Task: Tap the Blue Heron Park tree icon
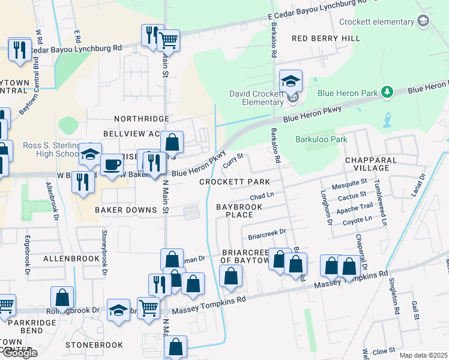(x=388, y=92)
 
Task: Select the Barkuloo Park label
(x=321, y=139)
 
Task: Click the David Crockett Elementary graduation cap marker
(x=291, y=82)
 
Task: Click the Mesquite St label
(x=351, y=182)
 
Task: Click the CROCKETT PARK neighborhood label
(x=235, y=181)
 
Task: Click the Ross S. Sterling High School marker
(x=90, y=155)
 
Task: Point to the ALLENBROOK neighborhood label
(x=71, y=258)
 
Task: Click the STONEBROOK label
(x=94, y=345)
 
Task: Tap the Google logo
(x=19, y=353)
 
